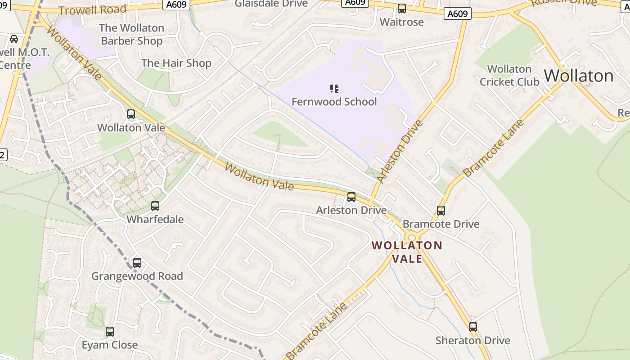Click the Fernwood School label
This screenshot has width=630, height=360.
pyautogui.click(x=334, y=102)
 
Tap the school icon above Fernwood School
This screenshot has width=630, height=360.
pyautogui.click(x=334, y=88)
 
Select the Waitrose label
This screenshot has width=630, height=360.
pyautogui.click(x=401, y=22)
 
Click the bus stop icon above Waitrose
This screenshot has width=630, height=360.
pyautogui.click(x=401, y=9)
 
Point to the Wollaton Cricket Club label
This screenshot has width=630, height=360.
pyautogui.click(x=509, y=76)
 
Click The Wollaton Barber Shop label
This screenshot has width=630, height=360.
pyautogui.click(x=131, y=34)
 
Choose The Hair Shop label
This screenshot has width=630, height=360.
pyautogui.click(x=176, y=63)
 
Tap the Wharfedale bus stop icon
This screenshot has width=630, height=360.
pyautogui.click(x=155, y=206)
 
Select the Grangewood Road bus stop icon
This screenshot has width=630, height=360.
pyautogui.click(x=137, y=263)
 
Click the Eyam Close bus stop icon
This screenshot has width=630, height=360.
pyautogui.click(x=110, y=332)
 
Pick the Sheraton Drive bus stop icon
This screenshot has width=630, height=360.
pyautogui.click(x=473, y=327)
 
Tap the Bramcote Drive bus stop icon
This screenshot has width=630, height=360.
pyautogui.click(x=441, y=211)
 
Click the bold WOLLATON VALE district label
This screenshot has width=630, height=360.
pyautogui.click(x=407, y=252)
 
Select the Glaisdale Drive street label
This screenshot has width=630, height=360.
pyautogui.click(x=271, y=4)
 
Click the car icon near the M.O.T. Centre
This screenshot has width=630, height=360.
pyautogui.click(x=14, y=39)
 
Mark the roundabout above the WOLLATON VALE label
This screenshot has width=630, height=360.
pyautogui.click(x=411, y=237)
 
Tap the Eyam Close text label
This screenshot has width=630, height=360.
pyautogui.click(x=110, y=345)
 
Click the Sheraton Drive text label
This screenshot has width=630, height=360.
pyautogui.click(x=472, y=341)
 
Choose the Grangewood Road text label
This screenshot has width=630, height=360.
pyautogui.click(x=137, y=276)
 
